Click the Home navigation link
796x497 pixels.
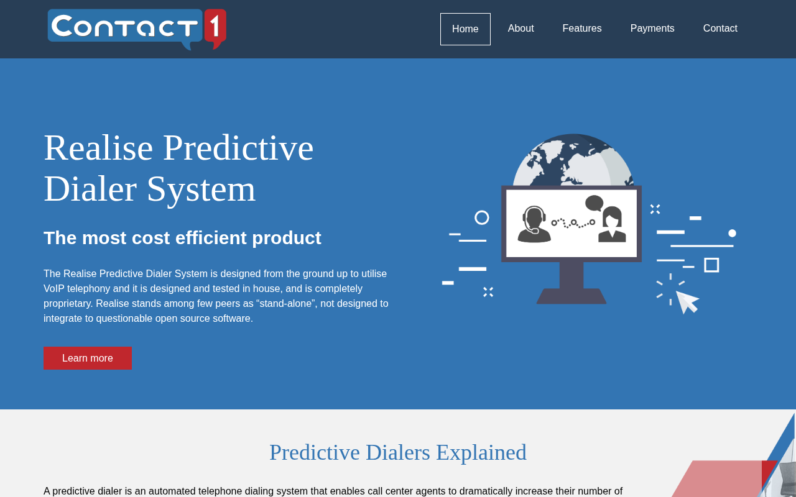465,29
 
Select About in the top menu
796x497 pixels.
521,29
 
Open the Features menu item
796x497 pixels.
581,29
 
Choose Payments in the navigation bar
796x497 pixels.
652,29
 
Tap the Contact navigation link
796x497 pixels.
720,29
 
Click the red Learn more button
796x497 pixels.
88,358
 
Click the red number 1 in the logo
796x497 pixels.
215,29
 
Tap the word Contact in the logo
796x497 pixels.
124,27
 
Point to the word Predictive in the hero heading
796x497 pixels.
238,148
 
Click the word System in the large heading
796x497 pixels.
201,190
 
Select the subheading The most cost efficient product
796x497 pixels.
182,238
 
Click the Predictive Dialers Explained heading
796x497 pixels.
398,453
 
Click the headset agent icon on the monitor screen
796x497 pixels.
534,224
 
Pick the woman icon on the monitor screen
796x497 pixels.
612,225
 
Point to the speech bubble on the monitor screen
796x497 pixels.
594,203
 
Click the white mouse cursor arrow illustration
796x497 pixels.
687,302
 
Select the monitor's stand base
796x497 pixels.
572,296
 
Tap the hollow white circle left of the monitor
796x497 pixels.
482,217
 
